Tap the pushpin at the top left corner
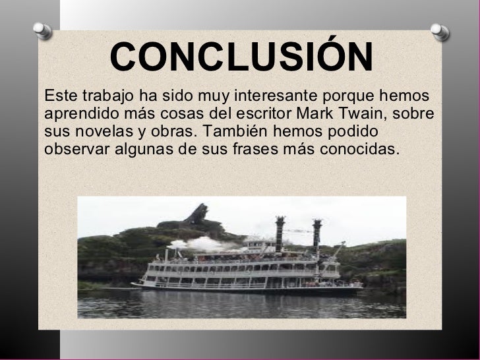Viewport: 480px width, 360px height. coord(41,30)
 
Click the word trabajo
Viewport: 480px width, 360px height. coord(94,96)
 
